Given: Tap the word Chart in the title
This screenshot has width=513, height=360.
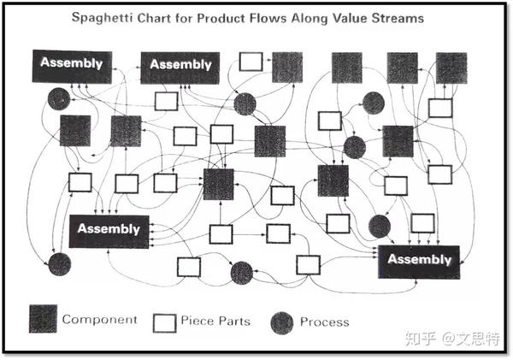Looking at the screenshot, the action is tap(154, 18).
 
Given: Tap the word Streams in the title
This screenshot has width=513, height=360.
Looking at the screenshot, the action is tap(398, 18).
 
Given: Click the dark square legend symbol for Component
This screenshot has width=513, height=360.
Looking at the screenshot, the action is tap(43, 319).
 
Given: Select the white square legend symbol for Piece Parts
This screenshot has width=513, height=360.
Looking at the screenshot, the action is tap(164, 323).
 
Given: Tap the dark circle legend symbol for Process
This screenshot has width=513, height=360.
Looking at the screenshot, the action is tap(282, 323).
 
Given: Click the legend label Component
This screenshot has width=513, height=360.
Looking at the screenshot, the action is tap(99, 320).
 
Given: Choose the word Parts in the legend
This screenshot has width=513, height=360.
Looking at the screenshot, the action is tap(234, 321).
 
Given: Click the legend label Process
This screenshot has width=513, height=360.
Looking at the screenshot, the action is tap(325, 322).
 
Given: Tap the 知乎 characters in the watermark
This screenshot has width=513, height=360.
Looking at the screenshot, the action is tap(421, 339).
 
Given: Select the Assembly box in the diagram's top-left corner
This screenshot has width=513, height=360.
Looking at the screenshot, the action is tap(72, 67).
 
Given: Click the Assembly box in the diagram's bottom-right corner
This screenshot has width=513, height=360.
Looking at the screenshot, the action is tap(419, 263).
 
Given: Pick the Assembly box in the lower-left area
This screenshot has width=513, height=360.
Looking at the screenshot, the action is tap(109, 232).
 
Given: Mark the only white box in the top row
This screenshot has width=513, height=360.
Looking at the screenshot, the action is tap(251, 62).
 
